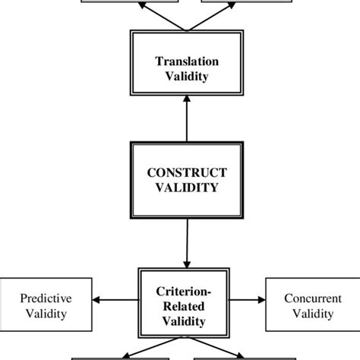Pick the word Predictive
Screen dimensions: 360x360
point(45,298)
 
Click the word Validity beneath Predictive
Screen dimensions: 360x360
point(45,313)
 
